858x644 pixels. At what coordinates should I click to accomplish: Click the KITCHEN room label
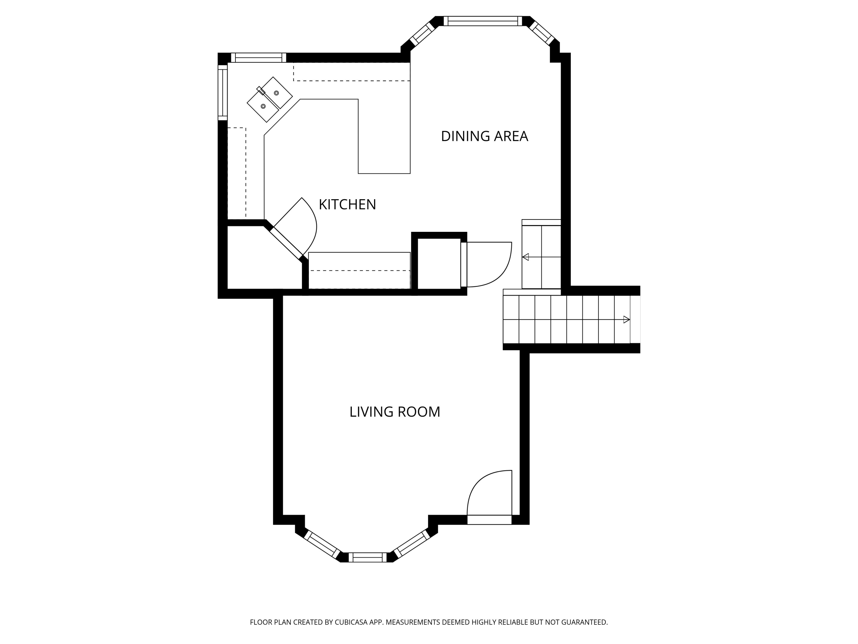(347, 205)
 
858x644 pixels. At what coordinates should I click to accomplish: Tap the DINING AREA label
(484, 136)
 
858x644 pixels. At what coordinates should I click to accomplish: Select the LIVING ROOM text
(395, 412)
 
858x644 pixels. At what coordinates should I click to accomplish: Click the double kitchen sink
(270, 99)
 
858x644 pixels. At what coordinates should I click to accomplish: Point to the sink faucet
(261, 90)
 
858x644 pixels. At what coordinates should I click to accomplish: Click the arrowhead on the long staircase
(626, 319)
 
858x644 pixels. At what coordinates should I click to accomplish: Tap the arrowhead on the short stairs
(526, 257)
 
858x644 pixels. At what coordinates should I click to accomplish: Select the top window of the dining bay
(483, 21)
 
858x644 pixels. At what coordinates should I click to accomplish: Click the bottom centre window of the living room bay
(368, 558)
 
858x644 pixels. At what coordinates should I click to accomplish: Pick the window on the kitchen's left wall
(223, 93)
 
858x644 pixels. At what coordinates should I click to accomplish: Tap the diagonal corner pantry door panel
(286, 243)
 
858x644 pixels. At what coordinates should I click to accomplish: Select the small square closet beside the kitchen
(439, 264)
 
